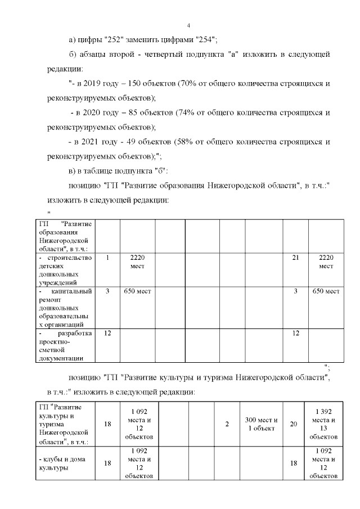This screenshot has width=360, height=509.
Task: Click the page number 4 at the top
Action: point(188,25)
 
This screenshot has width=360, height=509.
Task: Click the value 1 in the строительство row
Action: point(107,258)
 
